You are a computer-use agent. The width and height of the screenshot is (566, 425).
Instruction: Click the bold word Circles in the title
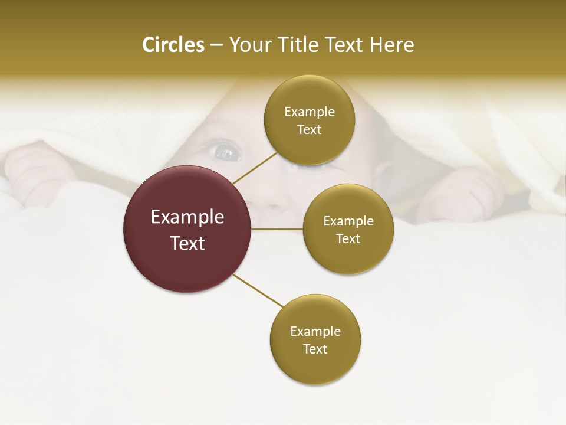pyautogui.click(x=173, y=45)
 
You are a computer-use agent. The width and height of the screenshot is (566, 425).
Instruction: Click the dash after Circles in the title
pyautogui.click(x=216, y=45)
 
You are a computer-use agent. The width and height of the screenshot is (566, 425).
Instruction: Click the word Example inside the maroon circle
pyautogui.click(x=187, y=217)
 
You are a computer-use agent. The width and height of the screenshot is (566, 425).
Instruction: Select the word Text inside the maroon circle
pyautogui.click(x=187, y=243)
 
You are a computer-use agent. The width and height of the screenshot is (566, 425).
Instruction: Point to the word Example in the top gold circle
pyautogui.click(x=309, y=112)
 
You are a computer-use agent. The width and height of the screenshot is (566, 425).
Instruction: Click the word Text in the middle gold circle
pyautogui.click(x=348, y=238)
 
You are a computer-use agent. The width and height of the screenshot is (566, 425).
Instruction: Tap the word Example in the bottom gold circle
pyautogui.click(x=315, y=331)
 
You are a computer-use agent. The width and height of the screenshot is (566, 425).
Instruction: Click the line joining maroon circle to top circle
pyautogui.click(x=255, y=167)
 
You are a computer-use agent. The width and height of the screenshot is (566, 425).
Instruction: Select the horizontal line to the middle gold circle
pyautogui.click(x=277, y=229)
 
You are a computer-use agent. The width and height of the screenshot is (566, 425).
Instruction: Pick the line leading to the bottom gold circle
pyautogui.click(x=258, y=290)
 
